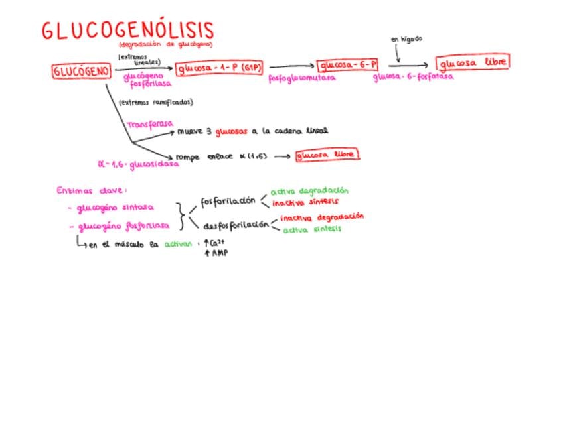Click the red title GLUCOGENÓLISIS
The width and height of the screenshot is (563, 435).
click(128, 30)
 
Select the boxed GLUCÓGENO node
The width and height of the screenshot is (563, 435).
click(81, 71)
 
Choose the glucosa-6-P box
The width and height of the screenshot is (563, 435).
click(348, 65)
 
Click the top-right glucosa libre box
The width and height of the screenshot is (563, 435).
click(473, 62)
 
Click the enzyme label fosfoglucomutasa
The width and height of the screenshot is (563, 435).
click(301, 78)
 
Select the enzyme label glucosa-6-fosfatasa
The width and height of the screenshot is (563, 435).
click(413, 76)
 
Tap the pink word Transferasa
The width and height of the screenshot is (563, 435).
click(150, 124)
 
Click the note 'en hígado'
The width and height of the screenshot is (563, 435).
click(406, 39)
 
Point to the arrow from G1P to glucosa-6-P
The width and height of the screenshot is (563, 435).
click(291, 66)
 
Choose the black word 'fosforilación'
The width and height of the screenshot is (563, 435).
click(228, 201)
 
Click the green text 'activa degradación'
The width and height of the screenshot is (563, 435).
click(309, 191)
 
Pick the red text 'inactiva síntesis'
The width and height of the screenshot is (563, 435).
click(305, 202)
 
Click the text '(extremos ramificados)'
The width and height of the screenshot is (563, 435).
click(155, 103)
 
